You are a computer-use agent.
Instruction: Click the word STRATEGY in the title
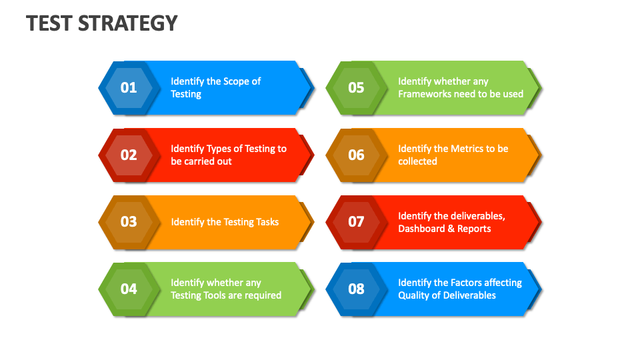point(128,23)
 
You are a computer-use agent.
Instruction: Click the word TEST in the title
point(50,23)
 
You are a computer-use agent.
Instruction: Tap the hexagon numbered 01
point(129,87)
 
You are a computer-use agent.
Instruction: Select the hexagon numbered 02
point(129,155)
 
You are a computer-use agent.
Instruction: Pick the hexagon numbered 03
point(129,222)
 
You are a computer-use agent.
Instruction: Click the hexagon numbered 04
point(129,289)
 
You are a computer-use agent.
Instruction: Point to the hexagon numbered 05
point(356,87)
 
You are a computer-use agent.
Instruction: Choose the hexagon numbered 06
point(356,155)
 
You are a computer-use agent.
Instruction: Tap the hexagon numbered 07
point(356,222)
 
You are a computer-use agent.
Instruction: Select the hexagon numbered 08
point(356,289)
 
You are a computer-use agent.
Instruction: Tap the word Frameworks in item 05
point(424,94)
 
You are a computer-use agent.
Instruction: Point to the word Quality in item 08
point(413,295)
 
